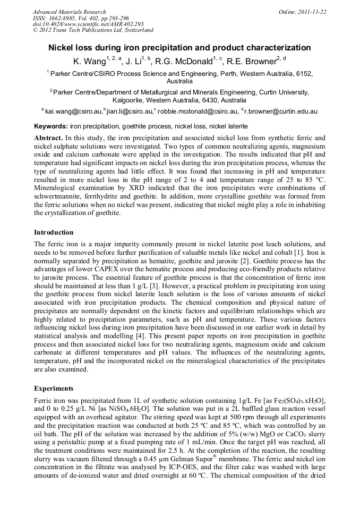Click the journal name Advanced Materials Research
tap(69, 12)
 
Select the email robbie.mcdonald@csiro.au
tap(198, 111)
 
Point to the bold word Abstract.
tap(48, 137)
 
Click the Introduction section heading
tap(54, 232)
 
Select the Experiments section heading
tap(54, 388)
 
